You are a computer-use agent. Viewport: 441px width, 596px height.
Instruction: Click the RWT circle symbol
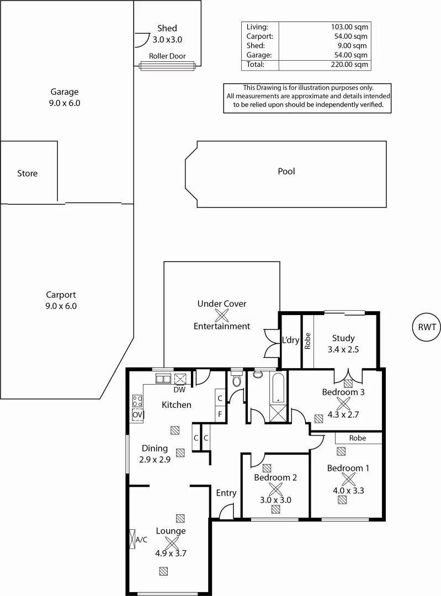[427, 327]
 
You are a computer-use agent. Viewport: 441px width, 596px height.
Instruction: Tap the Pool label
[286, 172]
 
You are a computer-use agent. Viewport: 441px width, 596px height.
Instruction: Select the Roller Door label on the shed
[167, 56]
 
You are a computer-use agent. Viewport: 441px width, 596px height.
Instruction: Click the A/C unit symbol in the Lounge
[132, 539]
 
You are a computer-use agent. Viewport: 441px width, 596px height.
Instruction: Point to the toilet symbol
[237, 380]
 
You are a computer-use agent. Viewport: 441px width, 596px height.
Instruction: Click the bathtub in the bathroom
[277, 389]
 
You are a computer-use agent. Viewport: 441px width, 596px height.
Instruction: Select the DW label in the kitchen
[179, 389]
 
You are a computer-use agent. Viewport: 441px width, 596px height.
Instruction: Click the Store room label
[28, 174]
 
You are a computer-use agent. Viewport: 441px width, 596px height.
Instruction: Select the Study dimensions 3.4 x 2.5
[343, 349]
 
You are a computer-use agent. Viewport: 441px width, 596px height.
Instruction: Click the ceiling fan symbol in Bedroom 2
[275, 488]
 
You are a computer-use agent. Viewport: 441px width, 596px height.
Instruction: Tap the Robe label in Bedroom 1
[358, 438]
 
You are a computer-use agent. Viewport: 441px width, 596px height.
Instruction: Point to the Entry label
[226, 493]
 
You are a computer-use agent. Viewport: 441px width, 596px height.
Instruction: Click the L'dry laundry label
[290, 340]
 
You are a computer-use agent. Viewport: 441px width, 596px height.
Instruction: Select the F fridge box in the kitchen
[219, 413]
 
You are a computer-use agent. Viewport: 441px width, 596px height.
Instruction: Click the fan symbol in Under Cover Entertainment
[222, 315]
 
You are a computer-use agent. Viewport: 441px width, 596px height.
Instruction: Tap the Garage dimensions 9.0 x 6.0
[65, 103]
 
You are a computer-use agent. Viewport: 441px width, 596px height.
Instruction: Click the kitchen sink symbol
[163, 379]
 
